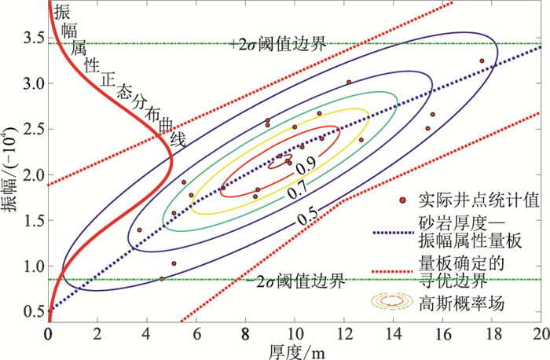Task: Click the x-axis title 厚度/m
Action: (295, 349)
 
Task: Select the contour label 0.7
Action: (296, 191)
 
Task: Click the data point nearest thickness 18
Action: (482, 61)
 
